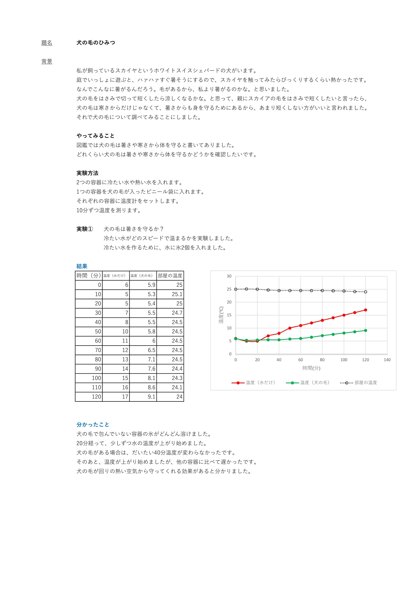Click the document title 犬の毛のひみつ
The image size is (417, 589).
pyautogui.click(x=96, y=43)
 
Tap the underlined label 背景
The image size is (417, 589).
pyautogui.click(x=47, y=61)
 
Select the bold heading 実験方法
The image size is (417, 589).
pyautogui.click(x=87, y=173)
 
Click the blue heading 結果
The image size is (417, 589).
pyautogui.click(x=82, y=266)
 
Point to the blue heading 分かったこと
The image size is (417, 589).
pyautogui.click(x=93, y=424)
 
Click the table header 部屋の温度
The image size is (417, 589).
pyautogui.click(x=170, y=275)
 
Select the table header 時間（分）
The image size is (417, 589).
pyautogui.click(x=88, y=275)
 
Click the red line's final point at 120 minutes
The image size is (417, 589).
pyautogui.click(x=365, y=310)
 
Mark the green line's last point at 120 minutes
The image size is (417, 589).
pyautogui.click(x=365, y=330)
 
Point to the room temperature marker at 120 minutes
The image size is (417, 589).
pyautogui.click(x=365, y=292)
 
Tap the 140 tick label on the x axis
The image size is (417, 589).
pyautogui.click(x=387, y=360)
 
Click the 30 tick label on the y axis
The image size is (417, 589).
pyautogui.click(x=229, y=276)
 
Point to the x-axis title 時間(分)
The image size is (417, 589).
pyautogui.click(x=311, y=368)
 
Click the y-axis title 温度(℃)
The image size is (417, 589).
pyautogui.click(x=221, y=315)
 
